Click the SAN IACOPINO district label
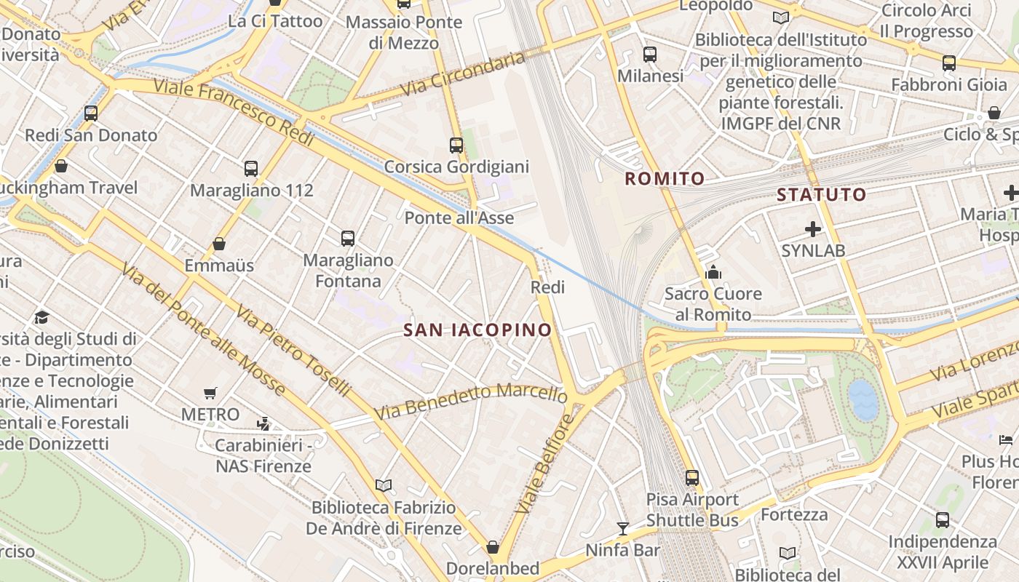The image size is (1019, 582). pos(477,330)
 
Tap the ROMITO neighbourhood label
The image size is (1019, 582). pos(665,178)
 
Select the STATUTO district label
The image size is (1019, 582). pos(821,194)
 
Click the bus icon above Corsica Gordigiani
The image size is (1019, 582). pos(456,145)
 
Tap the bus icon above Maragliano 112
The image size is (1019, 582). pos(251,169)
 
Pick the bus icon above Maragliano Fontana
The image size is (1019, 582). pos(348,238)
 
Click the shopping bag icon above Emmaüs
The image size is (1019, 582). pos(219,244)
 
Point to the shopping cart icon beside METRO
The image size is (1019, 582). pos(210,394)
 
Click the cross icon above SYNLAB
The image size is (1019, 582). pos(813,230)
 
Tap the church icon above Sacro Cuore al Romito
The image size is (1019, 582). pos(713,273)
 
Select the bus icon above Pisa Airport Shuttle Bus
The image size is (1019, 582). pos(692,478)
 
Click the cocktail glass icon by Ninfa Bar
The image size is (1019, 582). pos(622,528)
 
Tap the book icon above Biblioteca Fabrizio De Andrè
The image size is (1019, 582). pos(384,485)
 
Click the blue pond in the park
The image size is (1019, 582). pos(863,399)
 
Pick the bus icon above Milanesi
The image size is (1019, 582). pos(649,54)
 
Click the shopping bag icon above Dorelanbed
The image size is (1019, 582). pos(493,546)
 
